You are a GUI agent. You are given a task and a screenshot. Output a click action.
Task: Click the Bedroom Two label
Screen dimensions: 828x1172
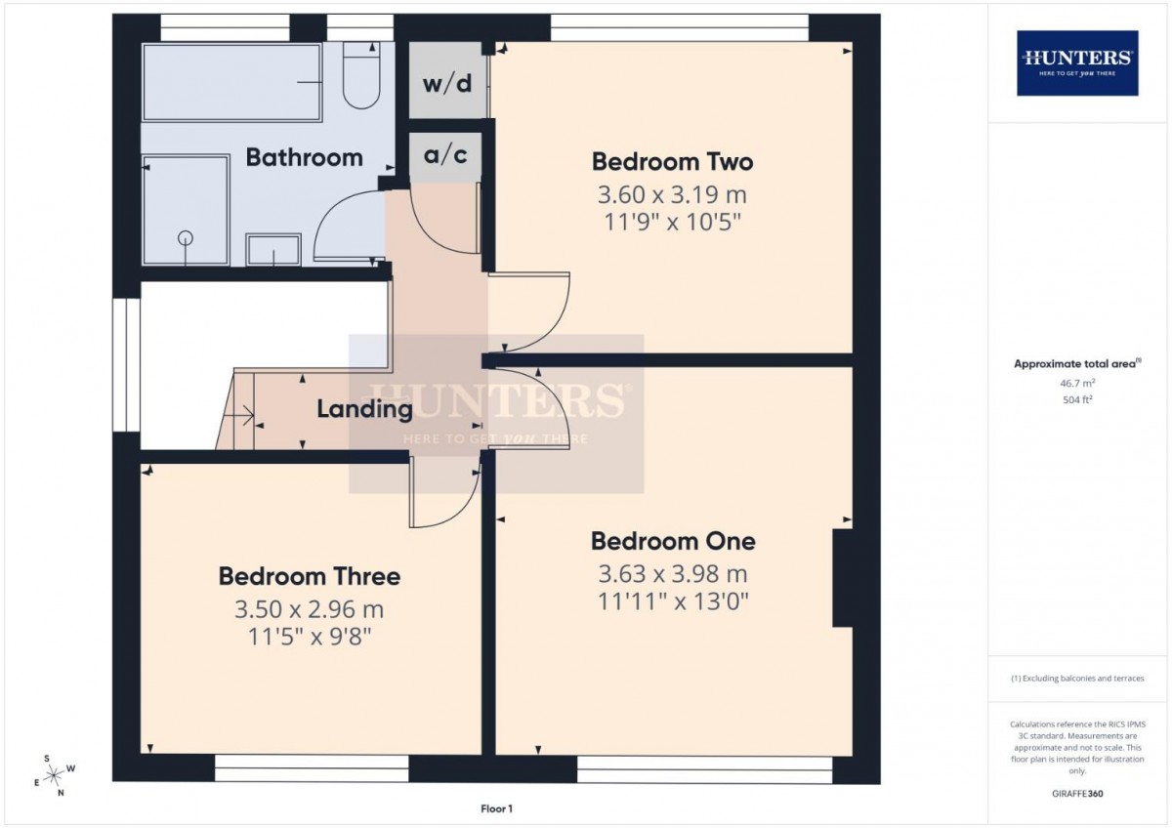pos(672,161)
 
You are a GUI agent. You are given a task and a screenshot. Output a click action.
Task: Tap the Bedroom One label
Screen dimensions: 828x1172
pos(672,541)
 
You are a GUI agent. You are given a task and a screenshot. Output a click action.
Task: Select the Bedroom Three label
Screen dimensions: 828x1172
pos(309,576)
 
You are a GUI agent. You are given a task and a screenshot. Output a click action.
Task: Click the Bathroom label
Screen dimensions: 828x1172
pos(304,157)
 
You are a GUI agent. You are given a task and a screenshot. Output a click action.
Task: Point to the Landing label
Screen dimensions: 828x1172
pos(364,409)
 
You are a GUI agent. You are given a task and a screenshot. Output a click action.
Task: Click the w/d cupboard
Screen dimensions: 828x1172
pos(446,82)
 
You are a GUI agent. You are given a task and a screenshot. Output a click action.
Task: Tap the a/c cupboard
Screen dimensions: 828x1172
pos(445,155)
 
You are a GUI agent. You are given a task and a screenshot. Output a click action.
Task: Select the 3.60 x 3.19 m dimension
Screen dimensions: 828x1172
pos(672,194)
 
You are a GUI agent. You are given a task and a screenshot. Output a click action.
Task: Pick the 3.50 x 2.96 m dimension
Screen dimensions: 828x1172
pos(309,610)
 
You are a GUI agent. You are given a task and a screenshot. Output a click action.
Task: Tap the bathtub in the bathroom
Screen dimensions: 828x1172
pos(232,83)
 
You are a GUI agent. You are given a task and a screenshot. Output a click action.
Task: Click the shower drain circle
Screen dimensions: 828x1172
pos(185,236)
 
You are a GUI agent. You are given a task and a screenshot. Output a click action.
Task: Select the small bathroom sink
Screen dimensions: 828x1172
pos(273,250)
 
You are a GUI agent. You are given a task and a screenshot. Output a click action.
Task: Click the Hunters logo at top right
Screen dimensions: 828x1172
pos(1077,62)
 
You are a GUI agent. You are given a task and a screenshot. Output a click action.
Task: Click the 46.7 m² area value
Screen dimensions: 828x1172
pos(1077,385)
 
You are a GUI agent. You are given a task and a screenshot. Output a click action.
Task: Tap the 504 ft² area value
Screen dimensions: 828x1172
pos(1077,398)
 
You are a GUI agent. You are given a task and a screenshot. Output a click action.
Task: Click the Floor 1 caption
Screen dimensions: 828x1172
pos(496,807)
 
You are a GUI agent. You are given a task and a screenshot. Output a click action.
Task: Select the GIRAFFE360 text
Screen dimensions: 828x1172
pos(1078,794)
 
